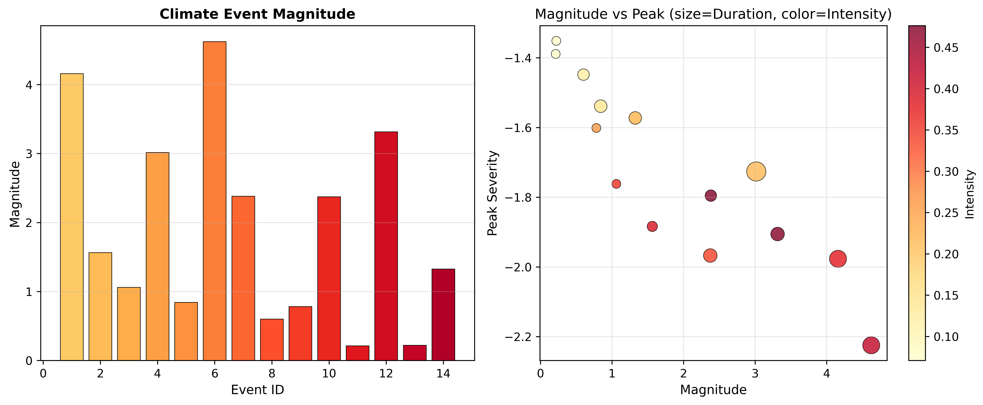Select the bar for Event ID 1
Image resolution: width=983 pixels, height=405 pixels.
click(72, 217)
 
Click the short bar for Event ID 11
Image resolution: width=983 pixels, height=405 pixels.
click(357, 353)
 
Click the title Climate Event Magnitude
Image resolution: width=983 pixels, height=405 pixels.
click(257, 14)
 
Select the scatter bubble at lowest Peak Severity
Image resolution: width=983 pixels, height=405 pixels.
click(871, 345)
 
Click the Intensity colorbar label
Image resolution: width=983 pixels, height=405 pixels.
click(970, 194)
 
